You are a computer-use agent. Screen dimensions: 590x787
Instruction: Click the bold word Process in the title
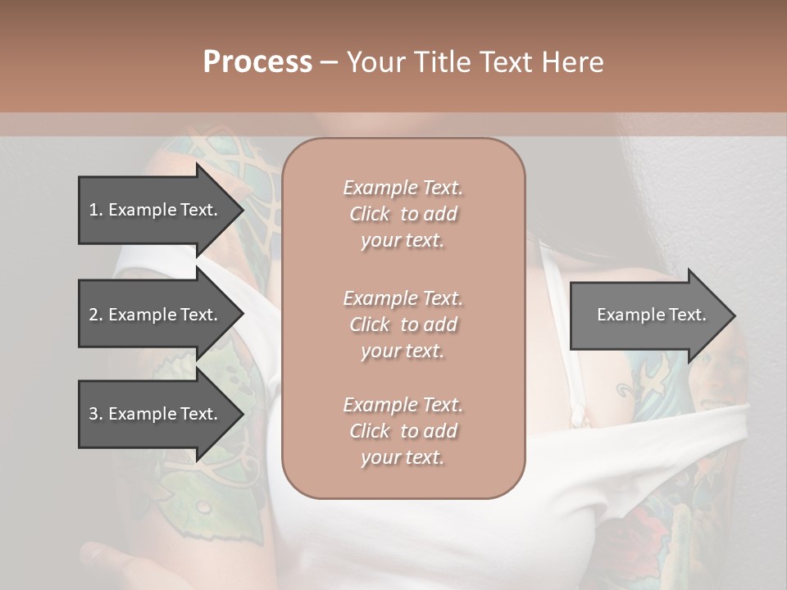coord(257,62)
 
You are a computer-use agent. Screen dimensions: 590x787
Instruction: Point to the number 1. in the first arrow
coord(95,210)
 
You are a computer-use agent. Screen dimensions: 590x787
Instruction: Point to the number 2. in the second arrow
coord(95,315)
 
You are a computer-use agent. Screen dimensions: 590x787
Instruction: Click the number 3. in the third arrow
coord(95,414)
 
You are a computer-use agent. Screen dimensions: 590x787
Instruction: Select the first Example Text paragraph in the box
coord(403,214)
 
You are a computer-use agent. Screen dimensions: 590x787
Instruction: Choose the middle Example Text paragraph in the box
coord(403,324)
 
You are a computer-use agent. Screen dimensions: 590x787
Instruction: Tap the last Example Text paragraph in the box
coord(403,431)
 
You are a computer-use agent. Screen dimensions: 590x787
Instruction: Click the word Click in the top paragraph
coord(370,214)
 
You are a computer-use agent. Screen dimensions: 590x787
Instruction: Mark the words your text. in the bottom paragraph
coord(403,457)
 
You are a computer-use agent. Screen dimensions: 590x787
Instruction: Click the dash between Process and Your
coord(330,63)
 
